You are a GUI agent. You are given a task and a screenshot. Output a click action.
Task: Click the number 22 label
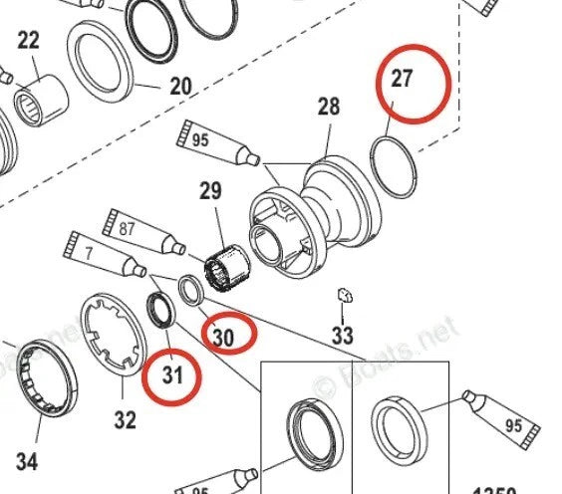click(x=28, y=41)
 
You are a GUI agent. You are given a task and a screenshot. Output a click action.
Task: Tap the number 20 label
click(x=179, y=87)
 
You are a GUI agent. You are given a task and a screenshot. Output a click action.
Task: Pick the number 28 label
click(x=329, y=107)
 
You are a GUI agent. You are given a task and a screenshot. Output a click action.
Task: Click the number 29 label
click(x=210, y=188)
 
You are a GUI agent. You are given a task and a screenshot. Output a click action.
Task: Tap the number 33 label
click(x=343, y=336)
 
